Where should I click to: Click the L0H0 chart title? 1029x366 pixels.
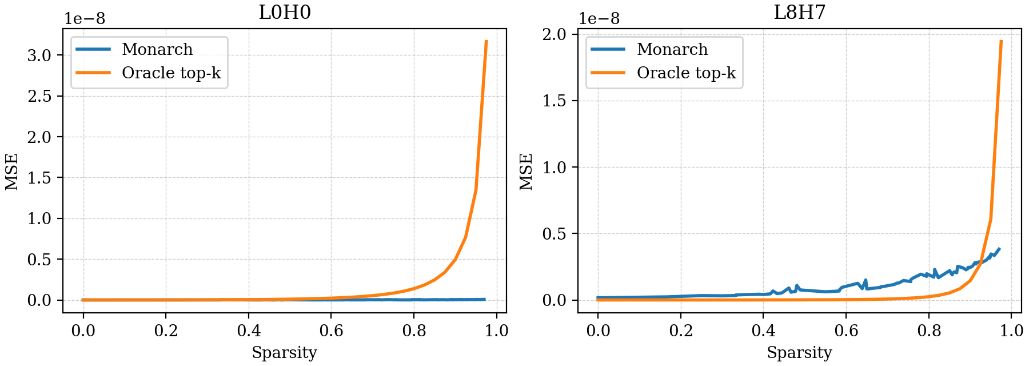285,12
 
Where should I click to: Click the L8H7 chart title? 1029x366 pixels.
799,12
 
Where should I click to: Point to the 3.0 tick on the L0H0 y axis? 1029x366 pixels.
39,55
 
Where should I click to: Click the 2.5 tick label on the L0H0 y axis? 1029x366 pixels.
39,96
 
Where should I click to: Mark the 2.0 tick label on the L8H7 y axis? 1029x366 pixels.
554,34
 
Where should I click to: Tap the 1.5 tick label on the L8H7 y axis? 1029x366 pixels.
554,101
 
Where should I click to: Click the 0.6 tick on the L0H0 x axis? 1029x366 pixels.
331,331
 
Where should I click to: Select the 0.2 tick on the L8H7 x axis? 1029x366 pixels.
680,331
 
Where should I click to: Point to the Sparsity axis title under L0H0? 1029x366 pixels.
284,353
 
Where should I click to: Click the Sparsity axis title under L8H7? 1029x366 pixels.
799,353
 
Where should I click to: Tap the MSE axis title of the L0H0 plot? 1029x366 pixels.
12,172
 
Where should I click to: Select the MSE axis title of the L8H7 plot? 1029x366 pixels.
527,172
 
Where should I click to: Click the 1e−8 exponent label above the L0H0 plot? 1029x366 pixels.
84,19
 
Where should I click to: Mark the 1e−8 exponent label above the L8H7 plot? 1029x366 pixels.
599,19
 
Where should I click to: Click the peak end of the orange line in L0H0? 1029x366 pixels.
486,41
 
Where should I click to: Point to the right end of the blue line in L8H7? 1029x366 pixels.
999,249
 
